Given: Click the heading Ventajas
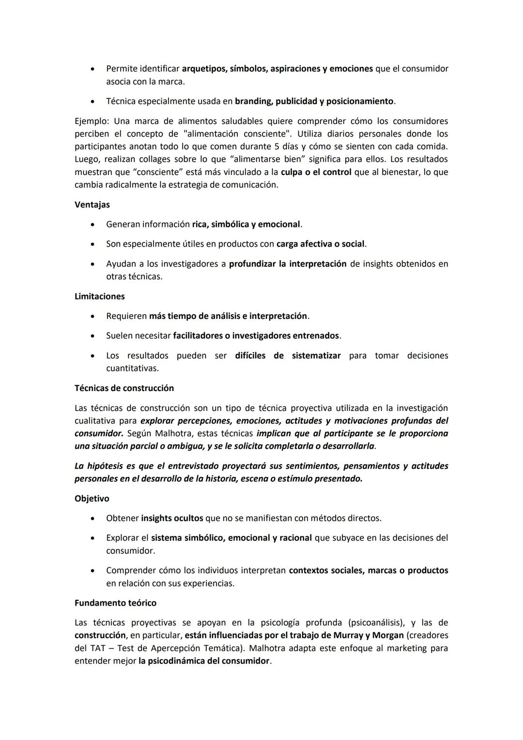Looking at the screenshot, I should tap(92, 205).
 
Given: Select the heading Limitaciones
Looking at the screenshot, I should tap(99, 296).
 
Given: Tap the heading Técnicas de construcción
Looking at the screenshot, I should tap(124, 388).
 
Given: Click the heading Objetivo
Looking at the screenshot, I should tap(92, 498).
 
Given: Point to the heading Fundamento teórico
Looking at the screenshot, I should tap(115, 603).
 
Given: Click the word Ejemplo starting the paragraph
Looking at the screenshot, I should tap(92, 121).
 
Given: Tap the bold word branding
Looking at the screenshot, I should tap(253, 101).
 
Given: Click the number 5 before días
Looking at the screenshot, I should tap(277, 146).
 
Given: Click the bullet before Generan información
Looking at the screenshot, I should tap(92, 224).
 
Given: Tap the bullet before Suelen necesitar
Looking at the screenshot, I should tap(92, 336).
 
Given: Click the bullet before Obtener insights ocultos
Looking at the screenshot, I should tap(92, 518).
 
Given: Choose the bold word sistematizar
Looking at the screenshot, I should tap(316, 355).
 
